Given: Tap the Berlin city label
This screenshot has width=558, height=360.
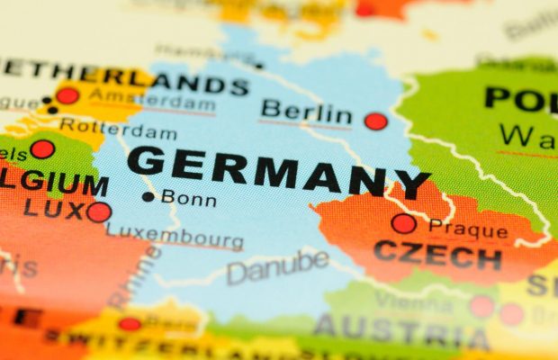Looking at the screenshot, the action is coord(305,113).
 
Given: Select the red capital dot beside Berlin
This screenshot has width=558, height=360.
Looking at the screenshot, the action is coord(375,121).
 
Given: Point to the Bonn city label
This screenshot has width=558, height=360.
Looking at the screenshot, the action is coord(188,198).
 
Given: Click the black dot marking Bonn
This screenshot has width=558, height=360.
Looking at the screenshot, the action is coord(148,197).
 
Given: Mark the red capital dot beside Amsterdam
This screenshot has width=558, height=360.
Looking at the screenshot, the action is coord(67,95).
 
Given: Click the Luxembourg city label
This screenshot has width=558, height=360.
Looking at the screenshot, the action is coord(175,235).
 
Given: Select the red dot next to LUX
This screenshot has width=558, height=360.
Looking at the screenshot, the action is coord(99,212).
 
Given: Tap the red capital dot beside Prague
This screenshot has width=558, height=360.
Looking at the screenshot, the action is coord(404,223).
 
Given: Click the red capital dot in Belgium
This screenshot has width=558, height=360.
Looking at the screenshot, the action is coord(41,149).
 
